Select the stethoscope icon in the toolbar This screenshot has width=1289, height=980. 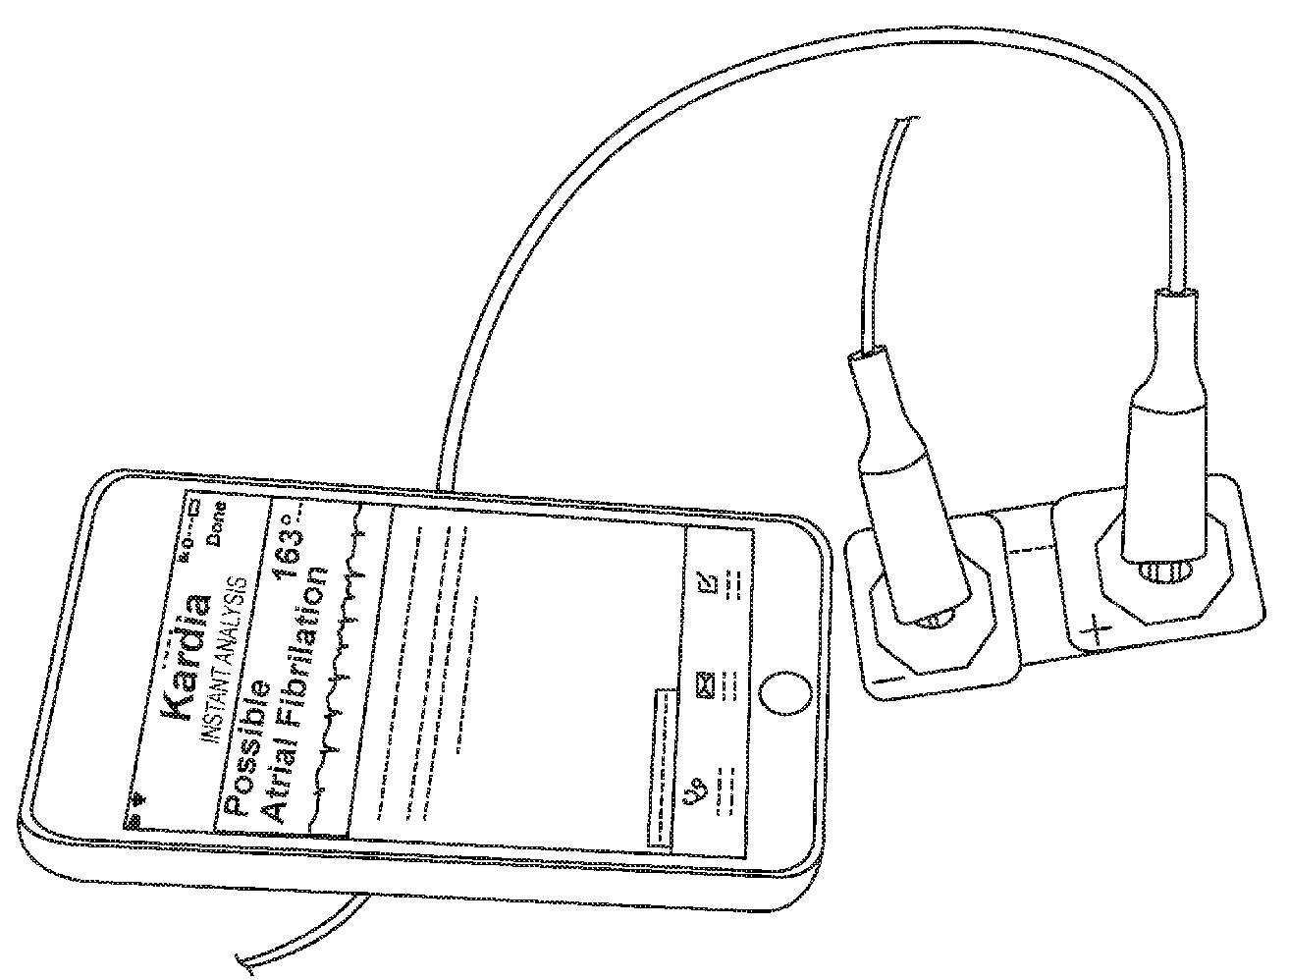(x=695, y=789)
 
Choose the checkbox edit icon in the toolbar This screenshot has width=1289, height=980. (x=706, y=581)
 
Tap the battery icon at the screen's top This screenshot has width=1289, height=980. (x=196, y=509)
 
